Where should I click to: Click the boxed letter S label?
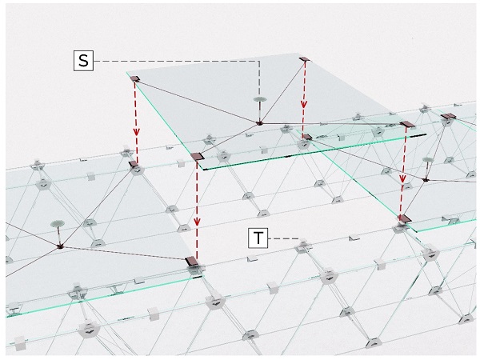83,61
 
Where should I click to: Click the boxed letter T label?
258,238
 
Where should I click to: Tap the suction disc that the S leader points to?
259,99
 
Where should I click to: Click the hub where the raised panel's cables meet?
259,123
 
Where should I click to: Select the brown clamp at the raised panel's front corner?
198,157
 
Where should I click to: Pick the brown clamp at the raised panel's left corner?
135,79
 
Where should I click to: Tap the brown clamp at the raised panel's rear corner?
305,58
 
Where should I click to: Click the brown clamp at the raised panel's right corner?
407,124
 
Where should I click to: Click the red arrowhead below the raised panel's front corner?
197,221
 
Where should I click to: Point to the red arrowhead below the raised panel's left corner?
136,131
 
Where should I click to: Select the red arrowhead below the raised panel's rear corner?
303,104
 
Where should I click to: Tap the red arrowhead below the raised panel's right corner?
402,178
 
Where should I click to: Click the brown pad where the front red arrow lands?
192,262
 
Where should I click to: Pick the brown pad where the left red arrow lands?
133,164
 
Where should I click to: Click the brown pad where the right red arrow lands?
405,218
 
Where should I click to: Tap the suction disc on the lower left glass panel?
58,224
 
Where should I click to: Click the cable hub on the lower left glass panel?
60,246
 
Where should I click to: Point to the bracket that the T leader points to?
302,243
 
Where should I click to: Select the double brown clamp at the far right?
448,116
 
